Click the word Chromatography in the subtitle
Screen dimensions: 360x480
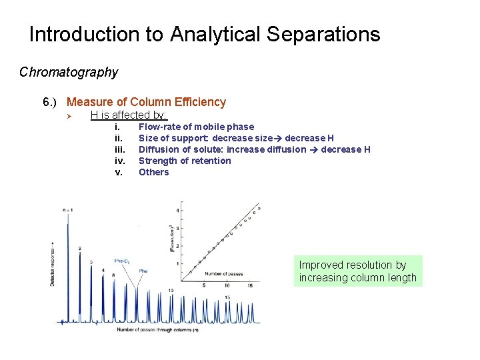coord(69,72)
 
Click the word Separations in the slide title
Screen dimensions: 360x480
coord(327,34)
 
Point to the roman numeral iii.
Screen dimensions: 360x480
coord(120,149)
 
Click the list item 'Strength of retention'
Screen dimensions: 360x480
coord(185,161)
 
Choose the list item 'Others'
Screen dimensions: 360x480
coord(153,172)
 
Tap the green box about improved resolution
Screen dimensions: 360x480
coord(358,271)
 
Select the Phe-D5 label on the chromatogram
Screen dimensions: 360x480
coord(122,261)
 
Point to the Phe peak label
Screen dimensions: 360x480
coord(143,271)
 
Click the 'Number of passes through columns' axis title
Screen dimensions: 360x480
coord(154,329)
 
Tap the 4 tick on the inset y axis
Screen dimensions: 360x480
coord(178,211)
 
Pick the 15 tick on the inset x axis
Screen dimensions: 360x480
coord(250,285)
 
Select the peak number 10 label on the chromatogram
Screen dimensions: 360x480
coord(171,290)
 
